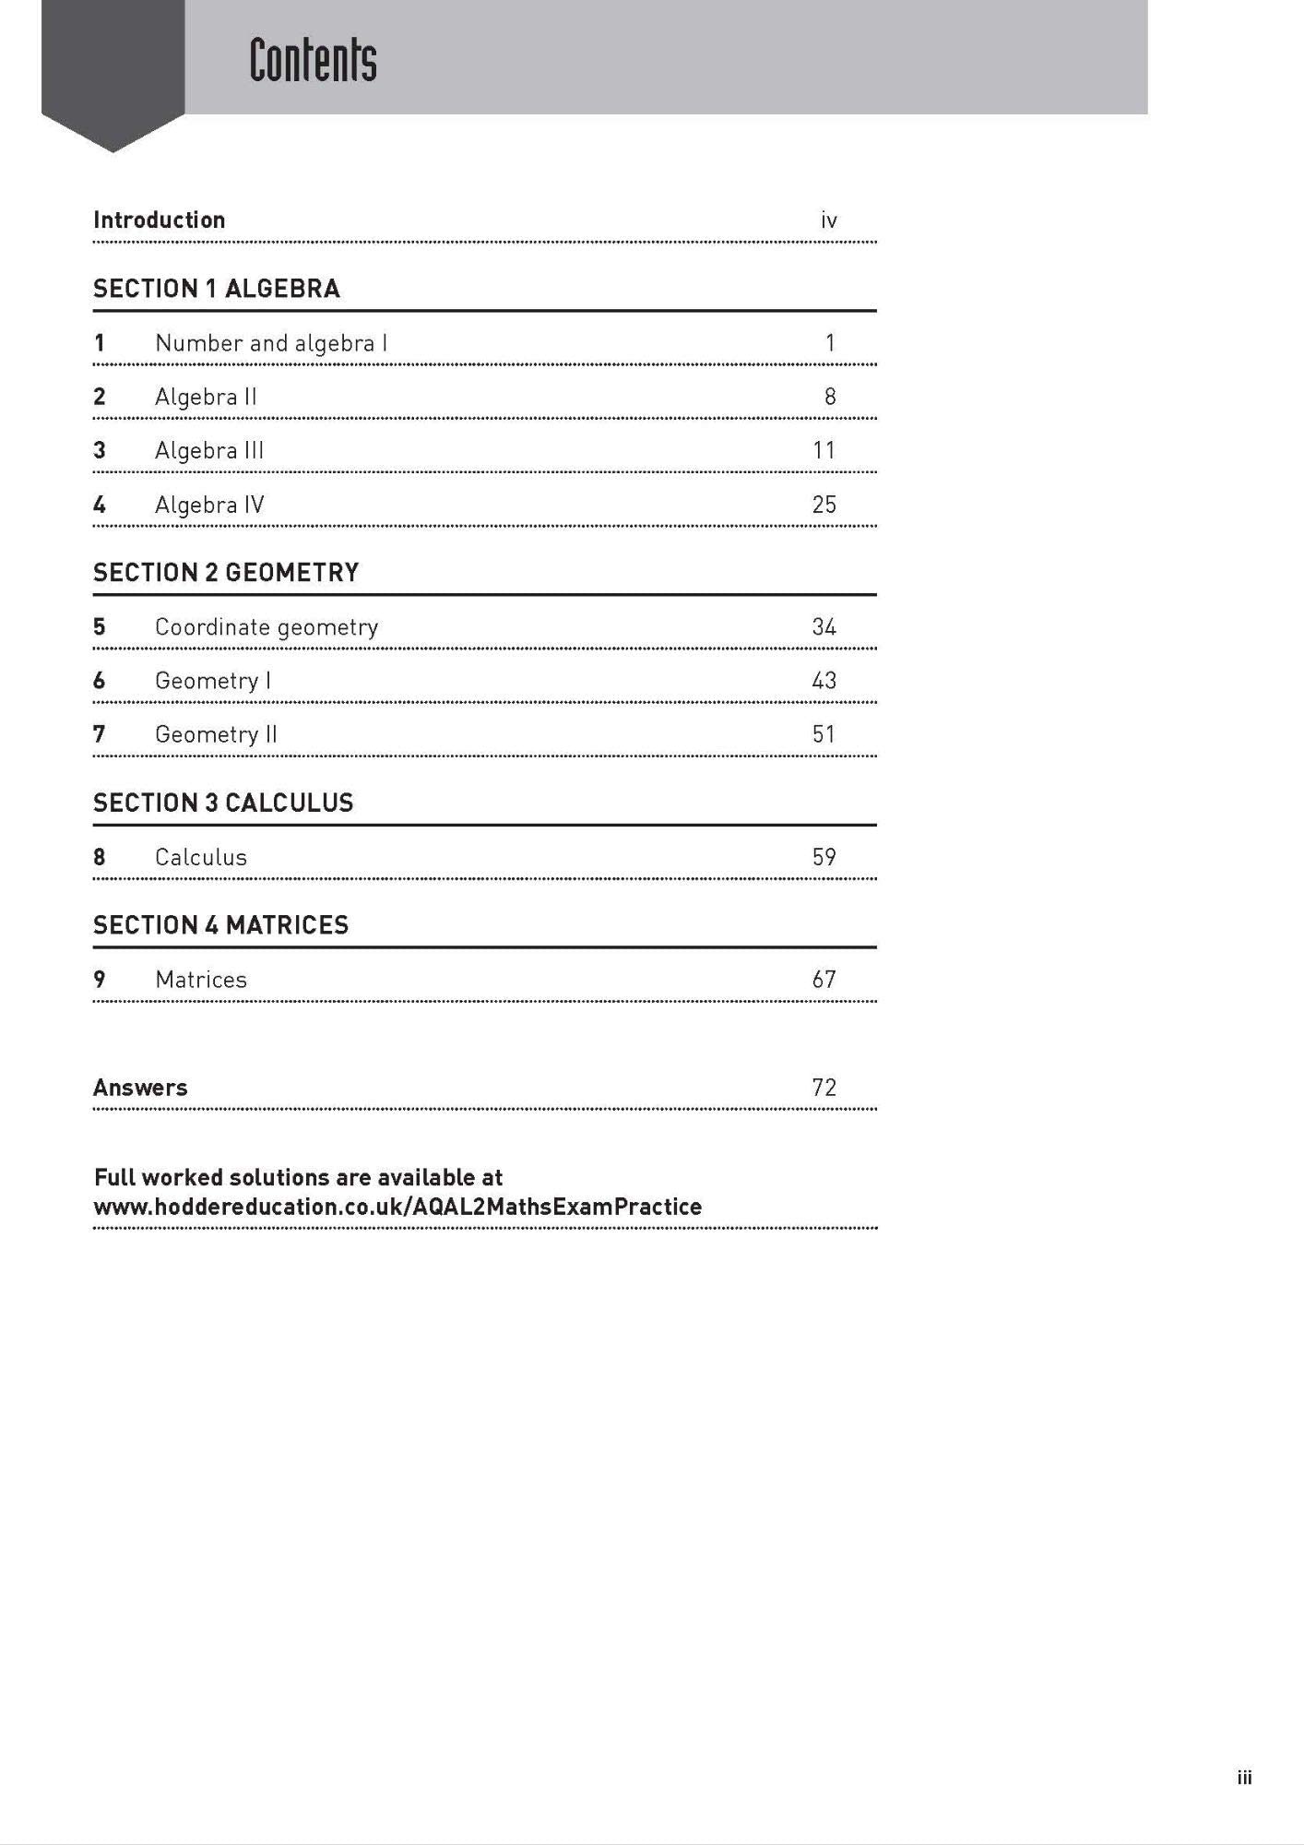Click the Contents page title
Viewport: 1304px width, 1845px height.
(x=313, y=61)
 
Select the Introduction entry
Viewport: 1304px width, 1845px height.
(x=160, y=220)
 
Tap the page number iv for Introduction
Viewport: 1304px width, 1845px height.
(x=828, y=220)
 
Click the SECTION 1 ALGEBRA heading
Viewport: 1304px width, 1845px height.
(x=217, y=289)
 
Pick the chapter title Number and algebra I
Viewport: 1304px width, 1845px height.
(x=271, y=343)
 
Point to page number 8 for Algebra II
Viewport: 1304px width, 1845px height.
(x=830, y=397)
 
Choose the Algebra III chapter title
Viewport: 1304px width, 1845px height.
(x=209, y=450)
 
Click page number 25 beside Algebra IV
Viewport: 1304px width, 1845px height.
(x=824, y=505)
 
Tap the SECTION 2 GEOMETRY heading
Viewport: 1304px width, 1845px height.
(x=226, y=573)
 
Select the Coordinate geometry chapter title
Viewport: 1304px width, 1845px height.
(x=267, y=627)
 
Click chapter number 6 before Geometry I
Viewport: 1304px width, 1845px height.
(x=100, y=681)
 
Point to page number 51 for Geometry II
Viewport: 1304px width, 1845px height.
(x=824, y=734)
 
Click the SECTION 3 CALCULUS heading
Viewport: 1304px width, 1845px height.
(x=223, y=803)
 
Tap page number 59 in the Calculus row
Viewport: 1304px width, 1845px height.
(x=824, y=857)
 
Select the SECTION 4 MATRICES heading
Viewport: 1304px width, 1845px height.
(x=221, y=925)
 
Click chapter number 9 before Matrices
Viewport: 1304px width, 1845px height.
(x=100, y=980)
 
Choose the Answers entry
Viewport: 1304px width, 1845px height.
(x=140, y=1088)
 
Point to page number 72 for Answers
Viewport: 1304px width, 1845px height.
(x=824, y=1088)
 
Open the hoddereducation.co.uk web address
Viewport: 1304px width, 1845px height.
(x=397, y=1207)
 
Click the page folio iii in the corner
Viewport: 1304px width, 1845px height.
(x=1244, y=1778)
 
